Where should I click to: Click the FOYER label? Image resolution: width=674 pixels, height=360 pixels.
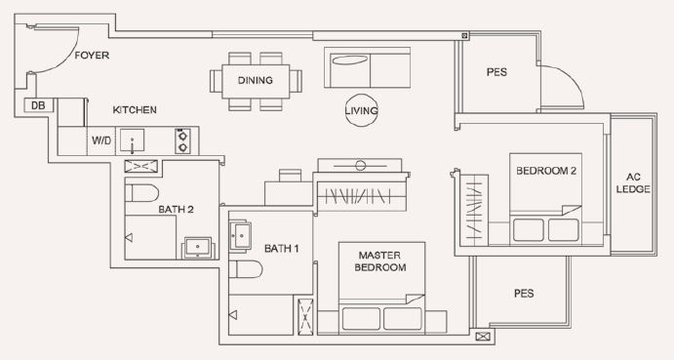click(x=92, y=56)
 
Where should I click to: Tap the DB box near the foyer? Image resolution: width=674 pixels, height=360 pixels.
click(x=38, y=105)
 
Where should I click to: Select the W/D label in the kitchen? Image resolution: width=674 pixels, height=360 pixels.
click(x=101, y=140)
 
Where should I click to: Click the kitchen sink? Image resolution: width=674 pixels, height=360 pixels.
click(x=132, y=140)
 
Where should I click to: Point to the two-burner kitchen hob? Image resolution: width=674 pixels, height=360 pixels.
click(x=182, y=140)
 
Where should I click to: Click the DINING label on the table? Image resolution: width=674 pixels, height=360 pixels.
click(x=256, y=80)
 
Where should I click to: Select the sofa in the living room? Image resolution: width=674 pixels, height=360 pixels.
click(x=367, y=68)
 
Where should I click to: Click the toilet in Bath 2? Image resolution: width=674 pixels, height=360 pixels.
click(x=141, y=193)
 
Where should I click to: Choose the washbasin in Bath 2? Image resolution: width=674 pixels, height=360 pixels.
click(x=198, y=248)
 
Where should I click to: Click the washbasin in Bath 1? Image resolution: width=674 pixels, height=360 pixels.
click(x=240, y=235)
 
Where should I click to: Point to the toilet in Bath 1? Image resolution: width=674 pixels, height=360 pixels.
click(x=245, y=269)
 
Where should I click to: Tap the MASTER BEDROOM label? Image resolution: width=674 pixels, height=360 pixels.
click(x=380, y=261)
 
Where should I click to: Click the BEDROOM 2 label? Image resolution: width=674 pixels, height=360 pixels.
click(x=546, y=171)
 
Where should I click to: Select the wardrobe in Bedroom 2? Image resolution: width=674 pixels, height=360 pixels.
click(x=474, y=211)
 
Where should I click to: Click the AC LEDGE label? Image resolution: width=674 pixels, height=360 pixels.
click(x=633, y=182)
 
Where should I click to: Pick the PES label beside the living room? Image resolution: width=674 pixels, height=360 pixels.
click(x=496, y=72)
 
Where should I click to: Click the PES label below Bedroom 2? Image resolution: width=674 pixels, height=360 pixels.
click(x=524, y=294)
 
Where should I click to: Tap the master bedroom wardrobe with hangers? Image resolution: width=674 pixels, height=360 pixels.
click(x=362, y=196)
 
